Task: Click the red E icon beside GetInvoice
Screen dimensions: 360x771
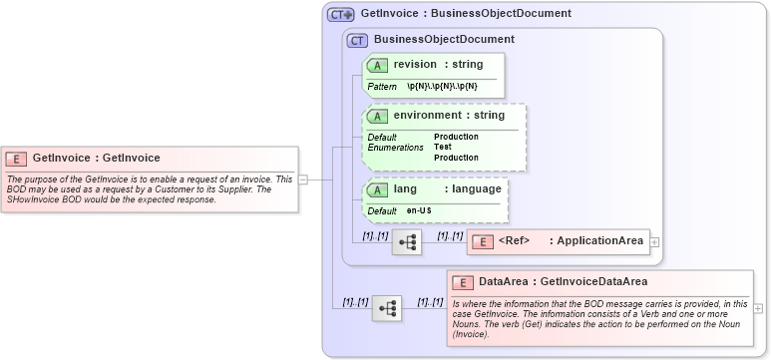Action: [x=16, y=158]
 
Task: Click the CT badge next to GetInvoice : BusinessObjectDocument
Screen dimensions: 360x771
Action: [x=341, y=14]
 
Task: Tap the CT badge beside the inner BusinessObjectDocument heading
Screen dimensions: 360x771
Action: [x=357, y=40]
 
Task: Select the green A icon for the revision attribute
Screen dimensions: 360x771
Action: [x=378, y=65]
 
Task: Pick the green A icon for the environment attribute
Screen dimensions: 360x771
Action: [x=378, y=116]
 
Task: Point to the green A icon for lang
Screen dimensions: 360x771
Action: [x=378, y=189]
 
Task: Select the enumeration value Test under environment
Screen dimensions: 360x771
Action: [x=442, y=147]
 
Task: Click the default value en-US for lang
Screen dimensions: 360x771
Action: [x=419, y=211]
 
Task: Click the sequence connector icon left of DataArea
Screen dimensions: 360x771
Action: [x=386, y=309]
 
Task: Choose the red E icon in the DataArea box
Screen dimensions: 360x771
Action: [x=463, y=282]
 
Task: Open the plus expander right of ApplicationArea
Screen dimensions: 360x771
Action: [x=654, y=241]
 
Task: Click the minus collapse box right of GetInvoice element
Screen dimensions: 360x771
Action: [x=302, y=180]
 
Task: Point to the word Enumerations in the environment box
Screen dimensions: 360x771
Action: [x=396, y=147]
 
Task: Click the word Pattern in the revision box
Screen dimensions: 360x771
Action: [x=382, y=87]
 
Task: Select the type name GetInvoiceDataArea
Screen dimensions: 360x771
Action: [x=594, y=282]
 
